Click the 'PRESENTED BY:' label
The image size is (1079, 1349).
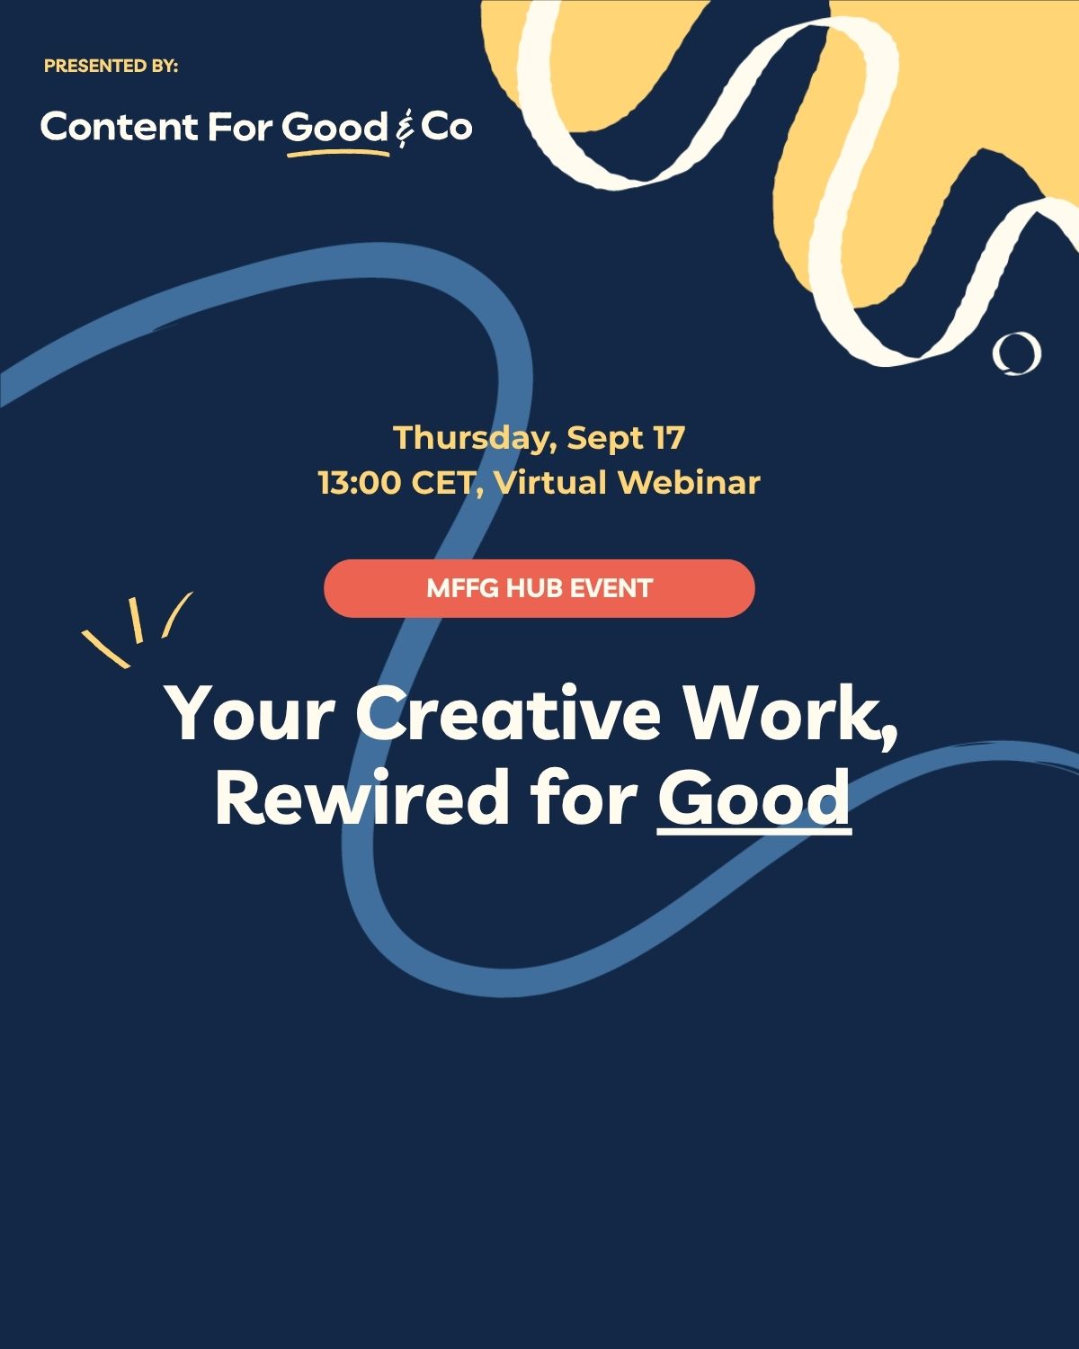point(111,66)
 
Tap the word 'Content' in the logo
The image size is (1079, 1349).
point(119,126)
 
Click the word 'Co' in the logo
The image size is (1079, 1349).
point(446,127)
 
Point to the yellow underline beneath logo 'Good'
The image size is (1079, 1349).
point(339,152)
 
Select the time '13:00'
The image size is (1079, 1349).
point(360,483)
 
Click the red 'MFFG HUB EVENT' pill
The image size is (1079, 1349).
point(539,588)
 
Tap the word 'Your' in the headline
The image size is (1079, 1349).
point(249,713)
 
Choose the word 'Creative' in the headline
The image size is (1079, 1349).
point(508,712)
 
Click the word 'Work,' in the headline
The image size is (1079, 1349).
point(791,715)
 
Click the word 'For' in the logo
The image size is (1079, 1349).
point(240,127)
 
